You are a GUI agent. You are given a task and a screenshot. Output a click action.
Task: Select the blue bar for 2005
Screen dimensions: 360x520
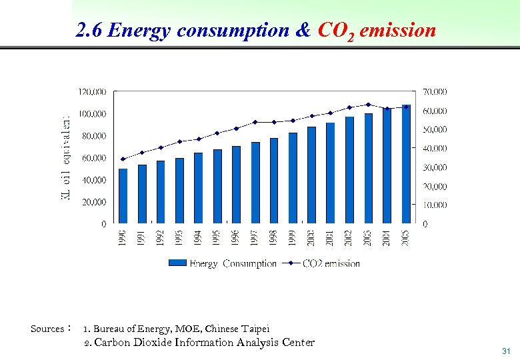[406, 164]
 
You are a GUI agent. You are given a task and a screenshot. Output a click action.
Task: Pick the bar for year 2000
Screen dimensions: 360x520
[312, 175]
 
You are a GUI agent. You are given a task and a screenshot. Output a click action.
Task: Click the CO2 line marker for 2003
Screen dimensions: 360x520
[369, 104]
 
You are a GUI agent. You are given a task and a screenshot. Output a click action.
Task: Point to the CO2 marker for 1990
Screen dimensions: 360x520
[123, 159]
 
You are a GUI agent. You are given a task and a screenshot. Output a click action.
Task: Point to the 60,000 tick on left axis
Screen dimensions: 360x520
[94, 158]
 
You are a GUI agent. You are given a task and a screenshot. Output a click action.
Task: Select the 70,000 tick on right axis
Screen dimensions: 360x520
[435, 91]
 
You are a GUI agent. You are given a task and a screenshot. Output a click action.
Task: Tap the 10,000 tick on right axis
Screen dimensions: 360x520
[435, 205]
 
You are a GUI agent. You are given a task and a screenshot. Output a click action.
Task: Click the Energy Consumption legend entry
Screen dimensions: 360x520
[223, 263]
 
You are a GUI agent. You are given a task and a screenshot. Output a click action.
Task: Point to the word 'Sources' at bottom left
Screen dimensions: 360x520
[47, 329]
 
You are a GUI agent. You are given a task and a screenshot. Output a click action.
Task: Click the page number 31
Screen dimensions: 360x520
[505, 351]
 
